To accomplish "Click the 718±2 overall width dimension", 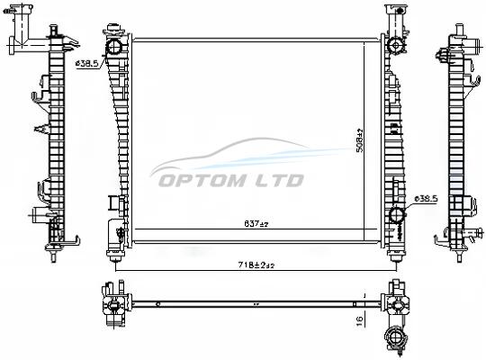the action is (256, 265).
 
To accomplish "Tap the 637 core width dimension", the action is (256, 223).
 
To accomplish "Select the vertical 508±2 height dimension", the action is (360, 140).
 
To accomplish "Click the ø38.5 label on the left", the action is (86, 64).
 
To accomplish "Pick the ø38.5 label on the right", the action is (426, 198).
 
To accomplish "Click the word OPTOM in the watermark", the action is (202, 181).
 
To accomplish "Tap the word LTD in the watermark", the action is (279, 181).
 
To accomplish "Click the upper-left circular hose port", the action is (114, 48).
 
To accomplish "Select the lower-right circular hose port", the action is (397, 214).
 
